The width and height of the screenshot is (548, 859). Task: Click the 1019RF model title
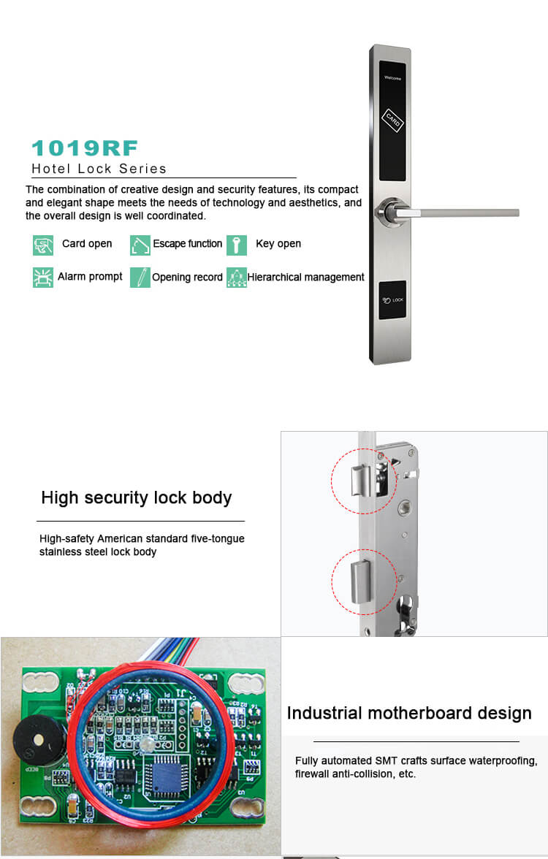[x=84, y=148]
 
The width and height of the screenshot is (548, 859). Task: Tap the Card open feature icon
[x=43, y=245]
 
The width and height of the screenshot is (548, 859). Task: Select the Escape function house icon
[x=140, y=245]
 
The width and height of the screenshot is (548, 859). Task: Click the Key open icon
[x=236, y=245]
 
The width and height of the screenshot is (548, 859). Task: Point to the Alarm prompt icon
[x=43, y=278]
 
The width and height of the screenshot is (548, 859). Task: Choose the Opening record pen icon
[x=140, y=278]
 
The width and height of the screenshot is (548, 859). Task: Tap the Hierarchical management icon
[x=236, y=278]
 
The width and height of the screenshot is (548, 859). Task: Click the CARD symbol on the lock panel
[x=393, y=122]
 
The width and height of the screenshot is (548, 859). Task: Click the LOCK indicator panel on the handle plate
[x=392, y=299]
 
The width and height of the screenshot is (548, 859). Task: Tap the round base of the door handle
[x=387, y=213]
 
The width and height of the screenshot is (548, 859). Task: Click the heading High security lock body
[x=137, y=498]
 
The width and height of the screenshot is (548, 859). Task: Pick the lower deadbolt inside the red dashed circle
[x=359, y=581]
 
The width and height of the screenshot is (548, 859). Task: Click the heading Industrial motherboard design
[x=409, y=713]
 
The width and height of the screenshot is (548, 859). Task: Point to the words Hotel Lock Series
[x=99, y=169]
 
